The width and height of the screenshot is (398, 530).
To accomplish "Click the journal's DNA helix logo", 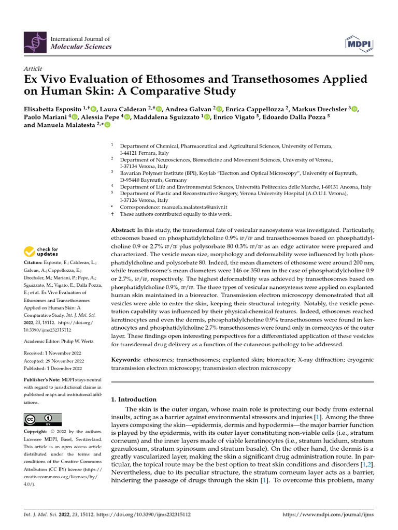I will [x=35, y=43].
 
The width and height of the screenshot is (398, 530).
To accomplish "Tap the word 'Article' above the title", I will [x=33, y=68].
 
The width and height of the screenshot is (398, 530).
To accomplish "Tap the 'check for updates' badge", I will [x=41, y=252].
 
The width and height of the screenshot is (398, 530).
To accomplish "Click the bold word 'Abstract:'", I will [x=123, y=229].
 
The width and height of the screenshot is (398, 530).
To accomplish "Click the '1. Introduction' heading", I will [x=134, y=399].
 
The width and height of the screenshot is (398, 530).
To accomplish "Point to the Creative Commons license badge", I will [x=42, y=419].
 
